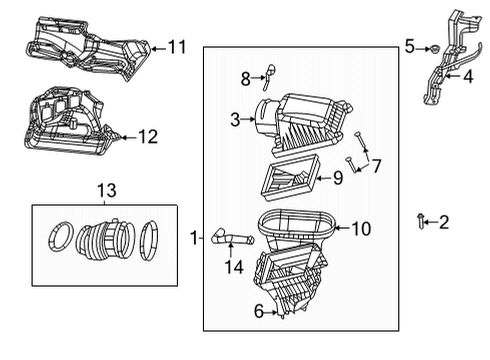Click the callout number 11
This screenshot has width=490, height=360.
(177, 47)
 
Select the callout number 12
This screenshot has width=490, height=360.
(147, 136)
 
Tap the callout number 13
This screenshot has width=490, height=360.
(105, 191)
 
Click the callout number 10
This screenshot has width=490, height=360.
(360, 229)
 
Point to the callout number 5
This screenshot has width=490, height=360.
(409, 46)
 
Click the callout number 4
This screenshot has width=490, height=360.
(467, 75)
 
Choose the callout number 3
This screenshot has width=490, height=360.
(234, 120)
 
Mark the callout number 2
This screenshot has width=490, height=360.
(445, 221)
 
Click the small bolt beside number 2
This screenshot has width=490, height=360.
(423, 220)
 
